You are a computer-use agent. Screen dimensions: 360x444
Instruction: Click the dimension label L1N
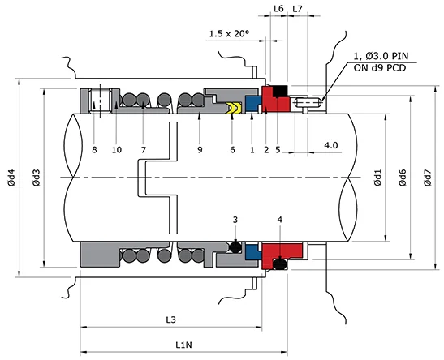click(x=183, y=345)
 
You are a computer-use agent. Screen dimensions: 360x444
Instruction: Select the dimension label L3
click(x=171, y=320)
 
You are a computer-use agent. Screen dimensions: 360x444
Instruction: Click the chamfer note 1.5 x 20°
click(x=229, y=34)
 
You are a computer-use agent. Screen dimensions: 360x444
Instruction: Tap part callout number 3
click(x=235, y=220)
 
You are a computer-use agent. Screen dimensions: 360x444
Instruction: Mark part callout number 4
click(x=280, y=220)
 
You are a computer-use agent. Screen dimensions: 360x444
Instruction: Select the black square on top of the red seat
click(x=280, y=88)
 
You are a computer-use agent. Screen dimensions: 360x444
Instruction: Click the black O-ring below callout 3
click(x=235, y=246)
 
